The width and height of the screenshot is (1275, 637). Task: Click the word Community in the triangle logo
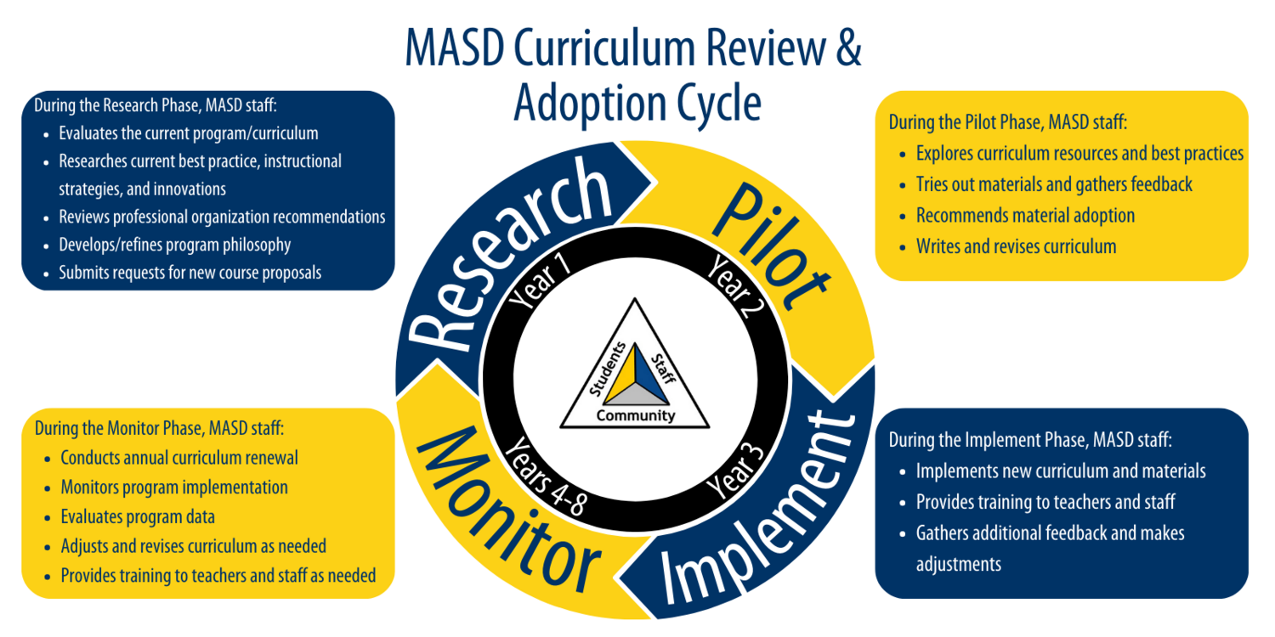[x=636, y=416]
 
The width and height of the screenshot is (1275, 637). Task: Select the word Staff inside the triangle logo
[x=662, y=367]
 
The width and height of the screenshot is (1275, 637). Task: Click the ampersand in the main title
[x=847, y=49]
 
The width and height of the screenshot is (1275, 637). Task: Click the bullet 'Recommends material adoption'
[x=1025, y=216]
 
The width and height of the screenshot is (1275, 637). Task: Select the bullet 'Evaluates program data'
[x=138, y=516]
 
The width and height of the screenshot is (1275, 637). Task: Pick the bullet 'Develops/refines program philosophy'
[x=175, y=245]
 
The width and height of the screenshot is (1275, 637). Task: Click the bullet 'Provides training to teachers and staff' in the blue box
[x=1045, y=502]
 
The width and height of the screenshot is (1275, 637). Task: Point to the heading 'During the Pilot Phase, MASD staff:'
[x=1008, y=122]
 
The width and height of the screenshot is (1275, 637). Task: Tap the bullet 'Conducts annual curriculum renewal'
[x=179, y=459]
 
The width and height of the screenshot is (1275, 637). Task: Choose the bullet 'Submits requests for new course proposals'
[x=190, y=273]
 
